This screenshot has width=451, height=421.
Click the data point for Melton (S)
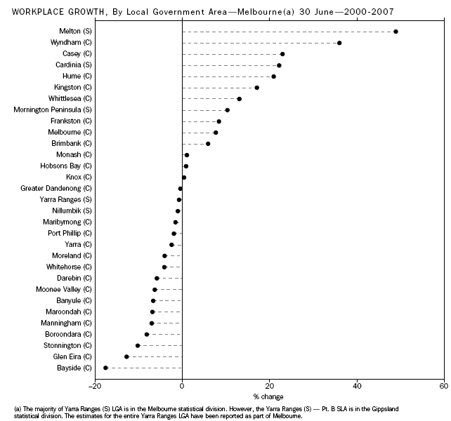396,32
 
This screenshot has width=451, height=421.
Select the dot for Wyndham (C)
339,43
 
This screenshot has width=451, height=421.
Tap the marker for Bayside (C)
105,368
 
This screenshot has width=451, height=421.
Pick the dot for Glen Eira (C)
126,356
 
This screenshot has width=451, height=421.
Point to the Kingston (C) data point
256,88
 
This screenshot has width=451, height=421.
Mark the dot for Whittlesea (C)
239,99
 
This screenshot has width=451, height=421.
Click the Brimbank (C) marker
208,144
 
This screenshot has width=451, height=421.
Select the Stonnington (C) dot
138,345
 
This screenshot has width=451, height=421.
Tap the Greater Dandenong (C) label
56,188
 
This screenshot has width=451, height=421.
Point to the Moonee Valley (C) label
64,289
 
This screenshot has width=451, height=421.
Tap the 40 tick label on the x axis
357,385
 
